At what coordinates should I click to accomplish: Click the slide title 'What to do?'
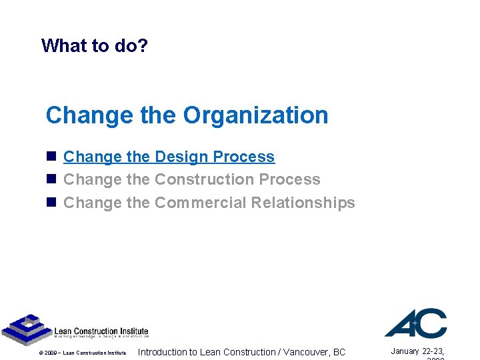tap(94, 45)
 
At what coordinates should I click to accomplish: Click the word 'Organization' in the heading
tap(256, 115)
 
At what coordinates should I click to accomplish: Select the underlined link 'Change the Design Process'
tap(169, 157)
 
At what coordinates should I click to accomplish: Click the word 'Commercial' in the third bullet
tap(200, 203)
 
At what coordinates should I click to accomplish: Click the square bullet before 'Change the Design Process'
tap(51, 157)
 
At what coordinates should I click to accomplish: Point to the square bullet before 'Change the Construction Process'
tap(51, 180)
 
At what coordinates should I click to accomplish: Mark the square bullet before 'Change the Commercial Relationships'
tap(51, 203)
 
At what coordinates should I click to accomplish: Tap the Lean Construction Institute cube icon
tap(25, 329)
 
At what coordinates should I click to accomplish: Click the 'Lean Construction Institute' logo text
tap(101, 332)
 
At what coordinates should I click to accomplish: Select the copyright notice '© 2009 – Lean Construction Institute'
tap(83, 353)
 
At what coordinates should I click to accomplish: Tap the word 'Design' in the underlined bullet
tap(177, 157)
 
